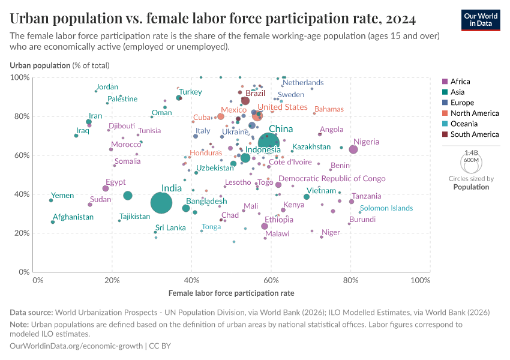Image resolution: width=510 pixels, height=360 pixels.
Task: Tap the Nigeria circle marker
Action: tap(353, 149)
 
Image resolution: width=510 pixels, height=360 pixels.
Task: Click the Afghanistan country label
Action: tap(73, 217)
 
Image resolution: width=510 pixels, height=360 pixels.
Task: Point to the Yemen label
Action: tap(62, 196)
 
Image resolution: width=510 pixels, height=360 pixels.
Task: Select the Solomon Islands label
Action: tap(386, 208)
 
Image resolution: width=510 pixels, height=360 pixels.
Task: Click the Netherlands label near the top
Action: tap(303, 83)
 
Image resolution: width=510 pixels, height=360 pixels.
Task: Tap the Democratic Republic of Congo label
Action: tap(332, 179)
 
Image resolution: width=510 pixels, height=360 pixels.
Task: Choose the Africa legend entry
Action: tap(460, 82)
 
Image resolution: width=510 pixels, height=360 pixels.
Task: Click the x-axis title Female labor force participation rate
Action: tap(231, 293)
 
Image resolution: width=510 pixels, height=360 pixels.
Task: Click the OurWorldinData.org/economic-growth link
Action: tap(76, 346)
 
